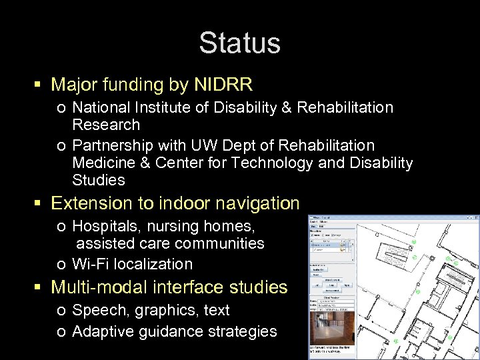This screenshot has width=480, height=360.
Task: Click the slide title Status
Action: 239,43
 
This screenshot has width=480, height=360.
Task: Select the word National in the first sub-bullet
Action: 99,107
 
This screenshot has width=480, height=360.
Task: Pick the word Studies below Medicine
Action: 99,180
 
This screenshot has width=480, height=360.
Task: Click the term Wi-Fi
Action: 91,264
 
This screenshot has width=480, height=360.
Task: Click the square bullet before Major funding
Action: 38,85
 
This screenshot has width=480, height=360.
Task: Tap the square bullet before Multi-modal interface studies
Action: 38,288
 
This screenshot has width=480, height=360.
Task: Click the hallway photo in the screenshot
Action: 331,328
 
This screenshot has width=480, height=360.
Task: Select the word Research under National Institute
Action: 106,125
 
